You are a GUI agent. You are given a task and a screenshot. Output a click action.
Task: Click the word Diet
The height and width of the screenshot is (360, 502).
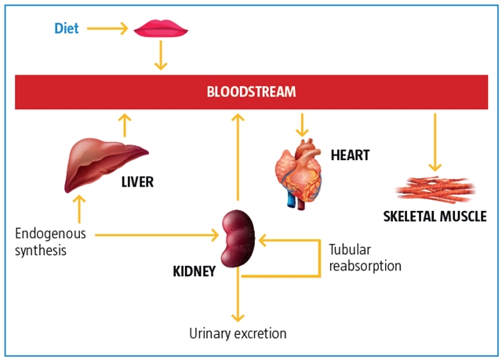coord(66,29)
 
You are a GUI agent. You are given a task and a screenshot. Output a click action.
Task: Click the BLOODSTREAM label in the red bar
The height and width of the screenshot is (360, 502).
coord(251,92)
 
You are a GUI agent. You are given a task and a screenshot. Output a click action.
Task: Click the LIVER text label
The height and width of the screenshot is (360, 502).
coord(137,182)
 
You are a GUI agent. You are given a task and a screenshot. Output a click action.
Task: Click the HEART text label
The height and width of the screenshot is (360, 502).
coord(350,155)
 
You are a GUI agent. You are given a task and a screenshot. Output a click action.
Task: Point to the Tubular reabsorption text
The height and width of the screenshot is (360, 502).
coord(365,257)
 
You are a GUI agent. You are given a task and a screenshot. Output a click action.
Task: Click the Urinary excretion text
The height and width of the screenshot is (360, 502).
coord(238,333)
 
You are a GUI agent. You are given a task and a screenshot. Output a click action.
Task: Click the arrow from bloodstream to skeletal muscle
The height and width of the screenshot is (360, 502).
coord(435,141)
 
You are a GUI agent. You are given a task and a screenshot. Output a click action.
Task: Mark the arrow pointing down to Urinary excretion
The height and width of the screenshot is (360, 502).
coord(234,298)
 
